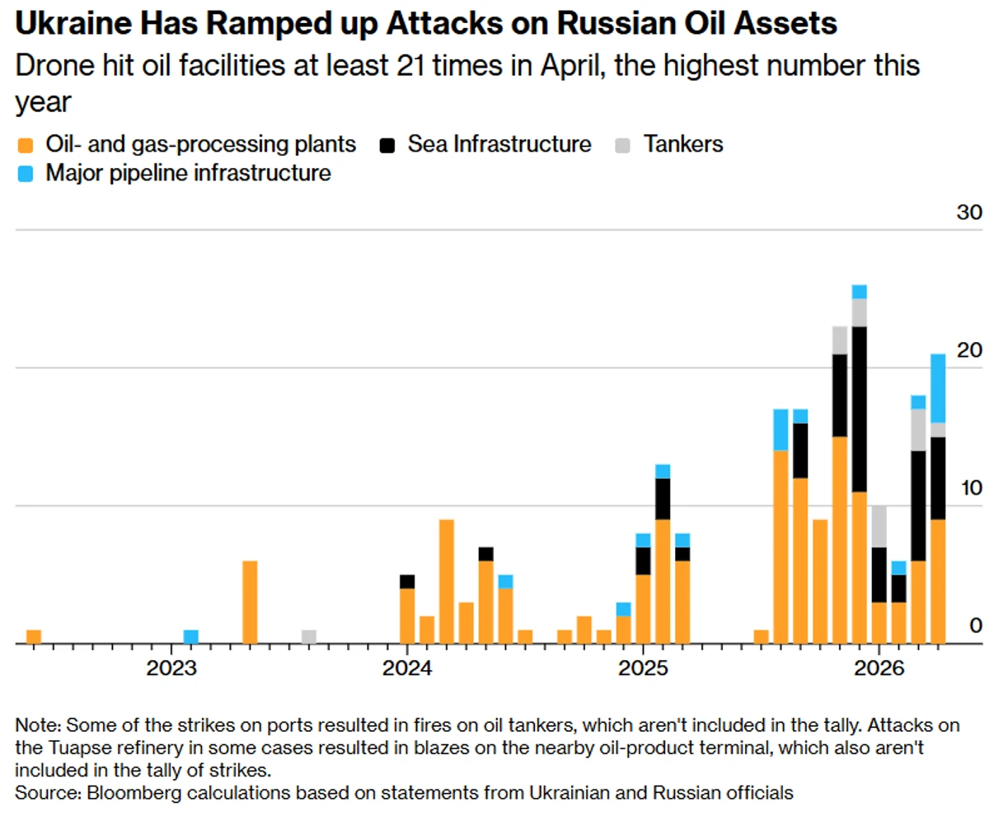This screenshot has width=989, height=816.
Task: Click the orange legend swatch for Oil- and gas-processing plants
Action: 26,145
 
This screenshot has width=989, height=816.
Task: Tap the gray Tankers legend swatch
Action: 624,145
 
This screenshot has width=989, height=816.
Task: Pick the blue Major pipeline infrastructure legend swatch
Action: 26,174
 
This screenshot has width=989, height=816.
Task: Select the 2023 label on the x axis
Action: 171,666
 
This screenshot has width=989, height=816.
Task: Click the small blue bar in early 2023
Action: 190,636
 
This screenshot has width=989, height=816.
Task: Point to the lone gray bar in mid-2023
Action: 309,636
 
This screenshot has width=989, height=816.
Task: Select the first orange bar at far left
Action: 34,636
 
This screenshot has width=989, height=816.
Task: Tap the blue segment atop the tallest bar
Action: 860,291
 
